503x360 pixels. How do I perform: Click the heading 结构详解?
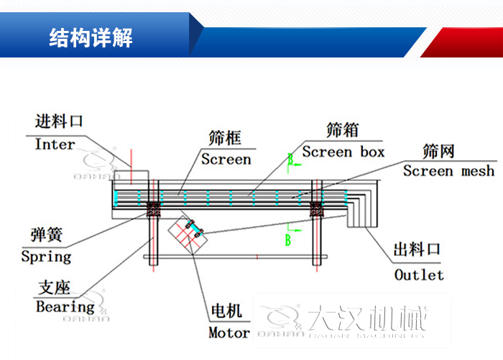(x=91, y=38)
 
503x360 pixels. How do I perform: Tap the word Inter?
(x=55, y=144)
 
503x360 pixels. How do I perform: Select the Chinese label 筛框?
(x=225, y=137)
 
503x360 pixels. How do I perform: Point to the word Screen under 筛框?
(x=226, y=160)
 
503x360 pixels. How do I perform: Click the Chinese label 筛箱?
(x=342, y=129)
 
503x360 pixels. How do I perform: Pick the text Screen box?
(x=343, y=152)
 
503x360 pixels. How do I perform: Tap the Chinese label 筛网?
(x=439, y=150)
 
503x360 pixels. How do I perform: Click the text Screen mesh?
(x=448, y=171)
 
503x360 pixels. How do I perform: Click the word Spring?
(x=46, y=256)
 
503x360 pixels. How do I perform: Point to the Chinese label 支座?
(x=54, y=288)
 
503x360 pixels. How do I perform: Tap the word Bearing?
(x=65, y=307)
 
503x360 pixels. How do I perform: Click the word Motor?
(x=229, y=333)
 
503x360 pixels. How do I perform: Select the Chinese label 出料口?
(x=417, y=250)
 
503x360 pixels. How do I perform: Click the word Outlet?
(x=419, y=274)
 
